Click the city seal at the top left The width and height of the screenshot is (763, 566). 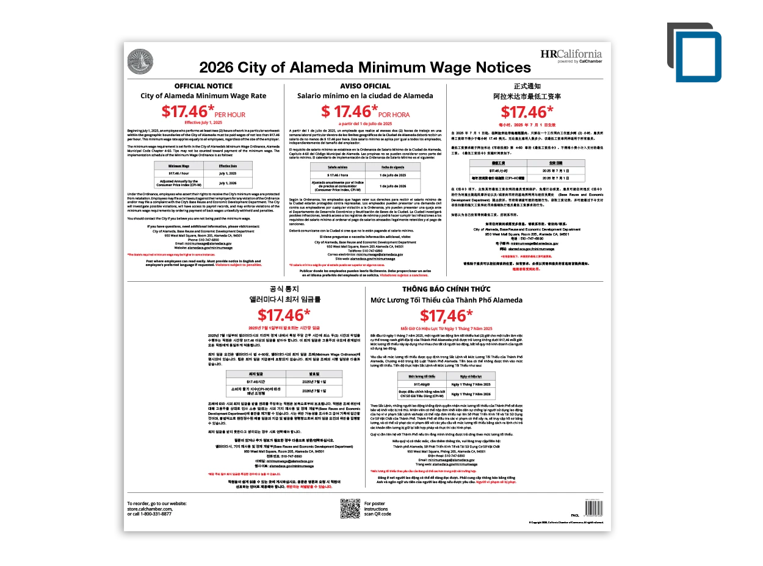[x=140, y=62]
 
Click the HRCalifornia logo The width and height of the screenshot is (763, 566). [x=571, y=55]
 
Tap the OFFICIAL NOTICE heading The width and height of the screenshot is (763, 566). [x=203, y=86]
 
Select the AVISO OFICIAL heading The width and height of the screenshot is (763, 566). [x=365, y=86]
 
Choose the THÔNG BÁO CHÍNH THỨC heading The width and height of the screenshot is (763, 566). [x=446, y=288]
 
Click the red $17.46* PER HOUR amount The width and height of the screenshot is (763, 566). [x=203, y=112]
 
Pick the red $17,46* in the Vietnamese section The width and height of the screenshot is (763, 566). [x=446, y=315]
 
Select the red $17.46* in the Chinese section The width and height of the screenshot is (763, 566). [x=527, y=112]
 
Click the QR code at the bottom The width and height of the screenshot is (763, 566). [x=350, y=508]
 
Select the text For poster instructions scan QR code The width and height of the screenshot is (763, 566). [x=377, y=509]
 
